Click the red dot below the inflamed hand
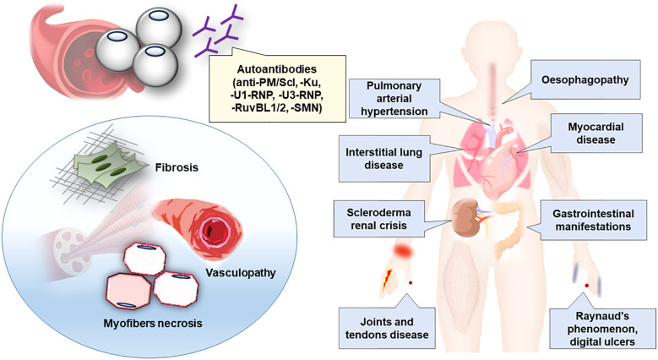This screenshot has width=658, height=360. [410, 281]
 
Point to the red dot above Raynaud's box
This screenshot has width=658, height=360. [586, 286]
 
